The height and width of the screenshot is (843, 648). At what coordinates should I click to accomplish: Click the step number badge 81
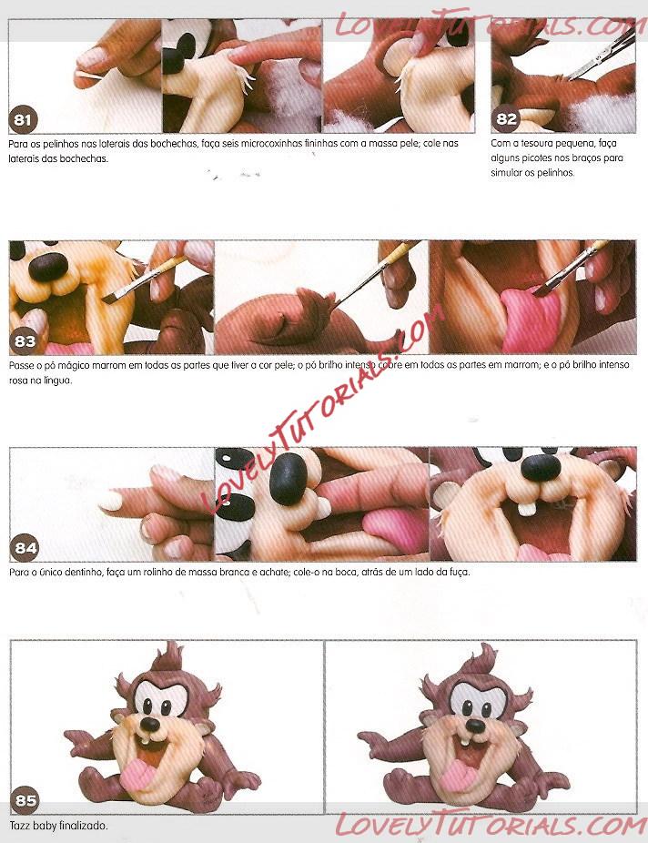pos(23,119)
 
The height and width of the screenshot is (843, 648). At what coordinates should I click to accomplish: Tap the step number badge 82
pos(506,119)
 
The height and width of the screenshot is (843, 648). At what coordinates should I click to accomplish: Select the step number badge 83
pos(25,340)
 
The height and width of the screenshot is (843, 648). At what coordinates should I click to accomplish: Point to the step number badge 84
pos(25,548)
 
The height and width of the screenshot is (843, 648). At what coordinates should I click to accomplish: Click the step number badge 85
pos(25,800)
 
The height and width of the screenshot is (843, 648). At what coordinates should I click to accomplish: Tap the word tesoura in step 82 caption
pos(540,144)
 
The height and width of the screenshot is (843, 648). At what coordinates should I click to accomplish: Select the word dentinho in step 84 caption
pos(83,572)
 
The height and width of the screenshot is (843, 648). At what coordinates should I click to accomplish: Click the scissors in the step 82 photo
pos(604,55)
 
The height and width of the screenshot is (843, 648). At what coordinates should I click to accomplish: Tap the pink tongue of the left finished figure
pos(137,773)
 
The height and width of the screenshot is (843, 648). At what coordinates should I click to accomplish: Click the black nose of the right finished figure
pos(475,726)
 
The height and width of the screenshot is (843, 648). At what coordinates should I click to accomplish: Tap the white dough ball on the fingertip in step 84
pos(111,501)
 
